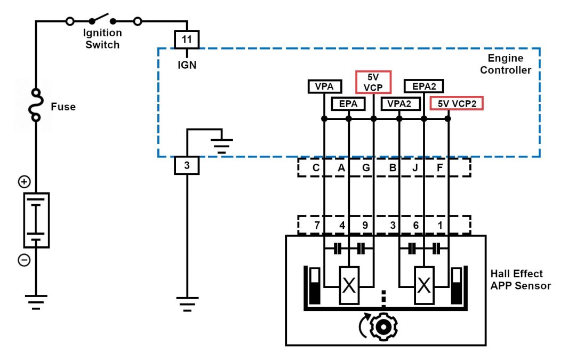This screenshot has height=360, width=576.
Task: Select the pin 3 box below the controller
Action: pyautogui.click(x=187, y=166)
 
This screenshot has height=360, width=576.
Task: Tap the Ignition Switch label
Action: pyautogui.click(x=102, y=39)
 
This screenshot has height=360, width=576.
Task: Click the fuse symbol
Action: pyautogui.click(x=36, y=106)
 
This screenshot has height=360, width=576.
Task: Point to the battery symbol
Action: pyautogui.click(x=36, y=220)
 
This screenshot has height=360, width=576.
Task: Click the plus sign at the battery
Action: pyautogui.click(x=24, y=182)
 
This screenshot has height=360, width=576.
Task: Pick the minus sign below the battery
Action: pyautogui.click(x=24, y=260)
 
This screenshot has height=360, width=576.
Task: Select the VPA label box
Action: pyautogui.click(x=324, y=86)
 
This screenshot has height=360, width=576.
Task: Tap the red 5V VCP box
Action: pyautogui.click(x=373, y=82)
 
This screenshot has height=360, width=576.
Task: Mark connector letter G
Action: pyautogui.click(x=366, y=168)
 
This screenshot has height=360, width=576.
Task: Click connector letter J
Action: pyautogui.click(x=415, y=168)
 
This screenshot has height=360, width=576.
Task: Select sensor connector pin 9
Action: pyautogui.click(x=365, y=225)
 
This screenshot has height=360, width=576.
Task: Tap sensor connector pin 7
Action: pyautogui.click(x=317, y=225)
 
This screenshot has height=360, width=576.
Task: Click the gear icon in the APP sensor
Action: pyautogui.click(x=383, y=328)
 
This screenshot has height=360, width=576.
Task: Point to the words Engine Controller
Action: pyautogui.click(x=506, y=64)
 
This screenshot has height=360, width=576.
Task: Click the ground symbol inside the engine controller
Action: pyautogui.click(x=221, y=145)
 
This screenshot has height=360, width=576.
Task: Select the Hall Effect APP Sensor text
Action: pyautogui.click(x=521, y=279)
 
